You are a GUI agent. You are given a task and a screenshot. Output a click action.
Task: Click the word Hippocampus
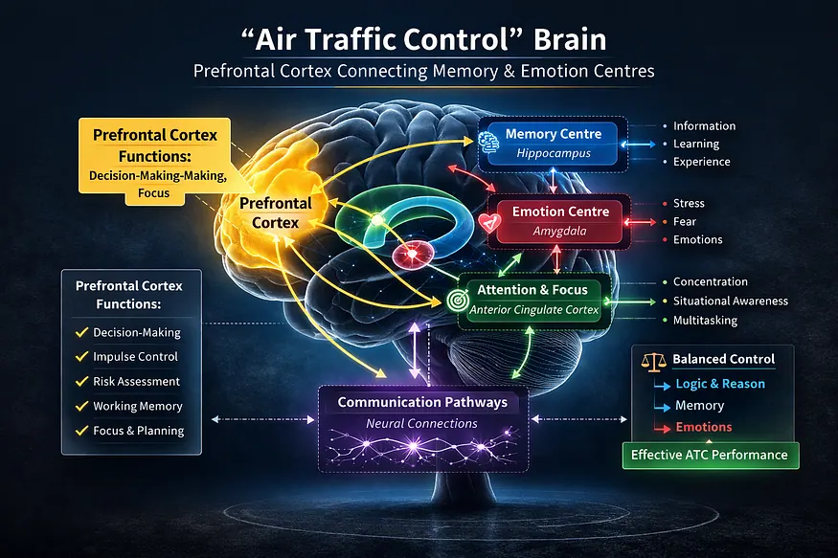coord(554,154)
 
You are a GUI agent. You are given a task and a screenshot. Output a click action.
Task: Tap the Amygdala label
coord(559,232)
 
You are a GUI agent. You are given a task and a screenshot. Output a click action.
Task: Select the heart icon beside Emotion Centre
coord(489,222)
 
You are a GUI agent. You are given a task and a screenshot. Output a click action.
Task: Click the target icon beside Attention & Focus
coord(457,301)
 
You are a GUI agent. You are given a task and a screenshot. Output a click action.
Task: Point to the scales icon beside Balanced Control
coord(653,362)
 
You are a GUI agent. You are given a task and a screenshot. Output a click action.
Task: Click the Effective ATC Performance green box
coord(711,456)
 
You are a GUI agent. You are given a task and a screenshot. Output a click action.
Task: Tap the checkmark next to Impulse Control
coord(81,356)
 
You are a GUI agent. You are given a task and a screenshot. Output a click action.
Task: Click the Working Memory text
coord(138,407)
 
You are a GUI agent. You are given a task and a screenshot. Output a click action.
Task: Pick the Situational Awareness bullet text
coord(730,301)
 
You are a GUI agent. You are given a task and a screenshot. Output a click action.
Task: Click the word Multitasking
coord(705,321)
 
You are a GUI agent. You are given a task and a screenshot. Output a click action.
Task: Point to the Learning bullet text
coord(696,145)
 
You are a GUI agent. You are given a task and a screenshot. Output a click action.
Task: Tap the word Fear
coord(685,222)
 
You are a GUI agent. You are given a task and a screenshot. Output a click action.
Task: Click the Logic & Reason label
coord(720,384)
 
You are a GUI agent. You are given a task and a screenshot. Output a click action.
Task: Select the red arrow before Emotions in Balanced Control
coord(662,429)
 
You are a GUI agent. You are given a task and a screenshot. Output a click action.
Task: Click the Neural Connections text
coord(421,423)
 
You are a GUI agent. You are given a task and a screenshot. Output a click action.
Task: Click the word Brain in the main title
coord(570,40)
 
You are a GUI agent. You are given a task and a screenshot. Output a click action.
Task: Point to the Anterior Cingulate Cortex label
coord(533,310)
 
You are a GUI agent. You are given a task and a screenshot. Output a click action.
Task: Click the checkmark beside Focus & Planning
coord(81,431)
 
